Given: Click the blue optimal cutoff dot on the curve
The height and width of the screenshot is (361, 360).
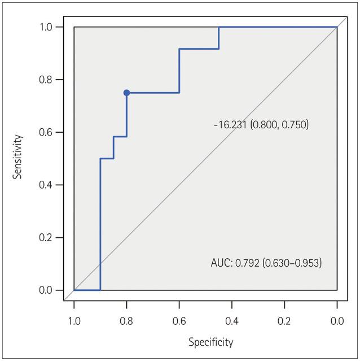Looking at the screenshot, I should coord(126,93).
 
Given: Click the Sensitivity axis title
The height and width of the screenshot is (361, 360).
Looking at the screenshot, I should coord(18,156).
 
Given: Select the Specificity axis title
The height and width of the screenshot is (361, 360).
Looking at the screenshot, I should coord(210,342).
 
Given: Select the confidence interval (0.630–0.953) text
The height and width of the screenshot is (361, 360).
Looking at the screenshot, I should coord(292,263).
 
